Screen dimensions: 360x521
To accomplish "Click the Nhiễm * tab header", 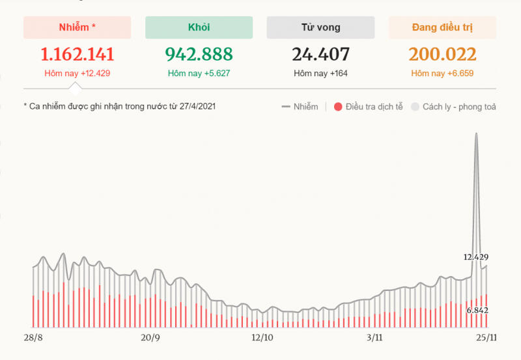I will tap(77, 27).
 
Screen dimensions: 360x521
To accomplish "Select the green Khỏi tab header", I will tap(199, 27).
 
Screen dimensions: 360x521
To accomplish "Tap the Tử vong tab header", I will tap(320, 27).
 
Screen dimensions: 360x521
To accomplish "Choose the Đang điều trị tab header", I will tap(442, 27).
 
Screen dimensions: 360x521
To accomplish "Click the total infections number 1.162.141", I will tap(77, 54).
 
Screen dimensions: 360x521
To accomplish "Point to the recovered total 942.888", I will tap(199, 54).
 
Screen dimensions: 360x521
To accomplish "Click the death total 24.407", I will tap(320, 54).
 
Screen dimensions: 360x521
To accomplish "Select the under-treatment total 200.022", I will tap(442, 54).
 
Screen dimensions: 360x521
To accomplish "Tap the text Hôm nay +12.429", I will tap(77, 74).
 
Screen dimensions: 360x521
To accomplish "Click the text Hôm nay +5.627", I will tap(199, 74).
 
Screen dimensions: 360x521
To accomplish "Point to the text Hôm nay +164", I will tap(320, 74).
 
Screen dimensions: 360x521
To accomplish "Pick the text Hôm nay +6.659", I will tap(442, 74).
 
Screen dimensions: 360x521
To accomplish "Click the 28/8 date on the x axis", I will tap(33, 337).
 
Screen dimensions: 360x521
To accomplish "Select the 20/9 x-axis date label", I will tap(150, 337).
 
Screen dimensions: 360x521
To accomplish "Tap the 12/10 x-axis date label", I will tap(262, 337).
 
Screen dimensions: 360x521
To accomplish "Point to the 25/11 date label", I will tap(486, 337).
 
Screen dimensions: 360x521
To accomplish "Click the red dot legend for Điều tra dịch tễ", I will tap(337, 107).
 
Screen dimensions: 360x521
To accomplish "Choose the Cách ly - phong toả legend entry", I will tap(415, 107).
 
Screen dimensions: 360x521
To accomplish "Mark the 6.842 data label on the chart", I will tap(477, 310).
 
